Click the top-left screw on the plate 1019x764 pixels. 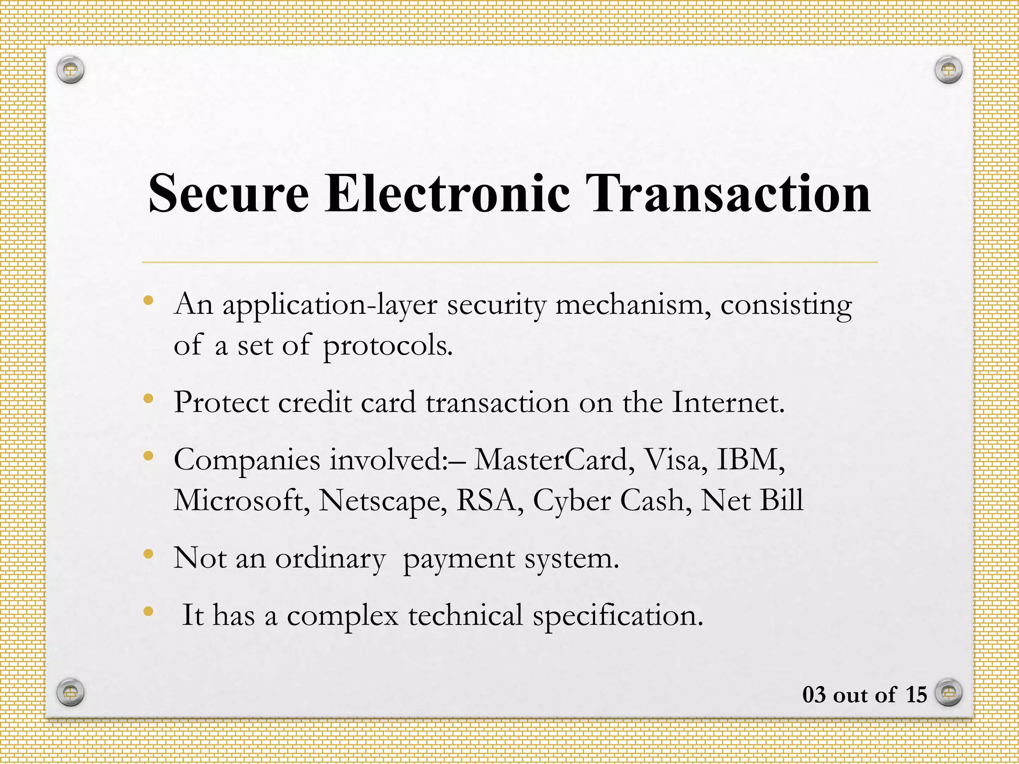click(x=70, y=69)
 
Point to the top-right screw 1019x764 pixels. click(x=948, y=69)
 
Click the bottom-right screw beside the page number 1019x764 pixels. click(x=948, y=692)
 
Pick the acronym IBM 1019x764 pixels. click(x=750, y=459)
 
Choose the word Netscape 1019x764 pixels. click(x=382, y=501)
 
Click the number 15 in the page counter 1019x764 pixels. click(x=916, y=695)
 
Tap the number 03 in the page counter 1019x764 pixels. click(x=814, y=695)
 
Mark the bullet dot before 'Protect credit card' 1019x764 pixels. click(x=148, y=398)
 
